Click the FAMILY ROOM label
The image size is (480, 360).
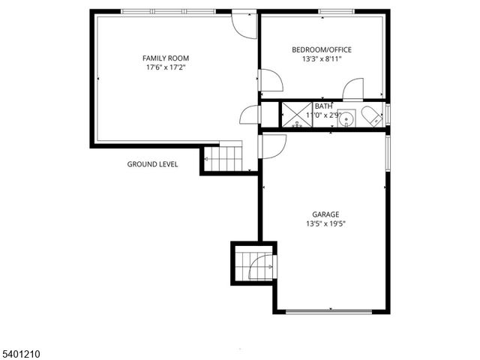pyautogui.click(x=166, y=58)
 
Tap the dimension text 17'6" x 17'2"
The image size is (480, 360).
pyautogui.click(x=166, y=67)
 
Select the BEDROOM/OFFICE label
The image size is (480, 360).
pyautogui.click(x=322, y=49)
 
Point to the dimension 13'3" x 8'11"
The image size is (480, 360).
pyautogui.click(x=322, y=59)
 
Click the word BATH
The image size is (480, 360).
pyautogui.click(x=323, y=106)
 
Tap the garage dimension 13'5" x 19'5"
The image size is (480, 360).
pyautogui.click(x=325, y=223)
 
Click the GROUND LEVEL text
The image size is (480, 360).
pyautogui.click(x=152, y=164)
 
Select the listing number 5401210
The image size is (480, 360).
pyautogui.click(x=20, y=351)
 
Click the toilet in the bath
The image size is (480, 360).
pyautogui.click(x=371, y=115)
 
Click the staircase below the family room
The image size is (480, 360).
pyautogui.click(x=223, y=158)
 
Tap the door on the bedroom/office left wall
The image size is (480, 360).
pyautogui.click(x=269, y=80)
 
